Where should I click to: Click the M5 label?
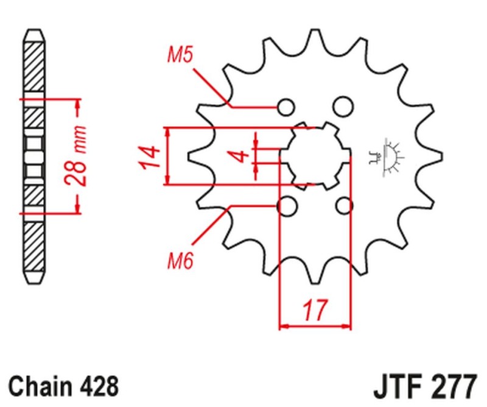point(180,57)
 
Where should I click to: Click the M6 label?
point(180,263)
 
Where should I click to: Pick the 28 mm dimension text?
point(75,157)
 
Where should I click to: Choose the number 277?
point(454,386)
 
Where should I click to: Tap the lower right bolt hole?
point(344,207)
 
